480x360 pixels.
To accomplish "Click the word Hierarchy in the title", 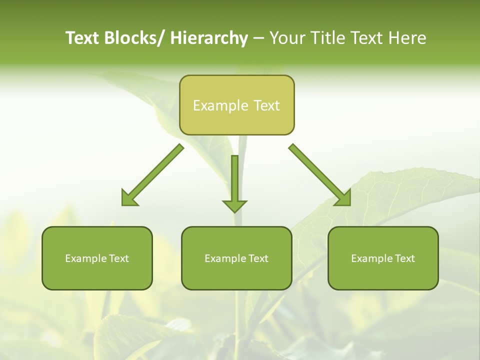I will pyautogui.click(x=209, y=38).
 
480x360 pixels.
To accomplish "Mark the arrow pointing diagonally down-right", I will pyautogui.click(x=320, y=175).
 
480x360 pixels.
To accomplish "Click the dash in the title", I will pyautogui.click(x=258, y=39).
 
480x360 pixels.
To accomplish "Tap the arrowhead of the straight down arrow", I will pyautogui.click(x=234, y=206).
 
